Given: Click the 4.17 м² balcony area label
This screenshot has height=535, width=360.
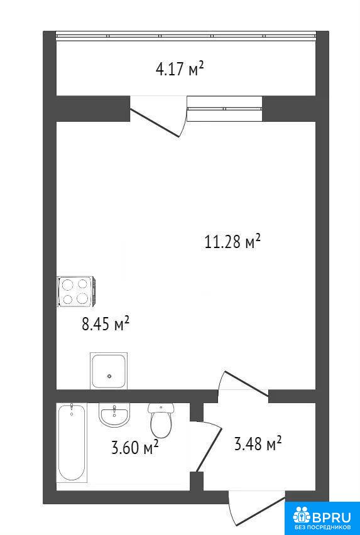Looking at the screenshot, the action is [x=180, y=69].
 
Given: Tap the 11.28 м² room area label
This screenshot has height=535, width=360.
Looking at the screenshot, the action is [x=232, y=242].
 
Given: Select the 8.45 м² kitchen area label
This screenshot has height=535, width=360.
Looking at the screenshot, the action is [x=106, y=323].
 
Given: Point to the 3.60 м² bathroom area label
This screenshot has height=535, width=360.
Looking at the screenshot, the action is [x=134, y=446].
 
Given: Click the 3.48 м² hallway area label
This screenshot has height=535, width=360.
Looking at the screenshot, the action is [x=258, y=444].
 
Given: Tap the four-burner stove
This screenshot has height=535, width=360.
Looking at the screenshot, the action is [x=77, y=291].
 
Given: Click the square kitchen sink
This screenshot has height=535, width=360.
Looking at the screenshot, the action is [x=109, y=371].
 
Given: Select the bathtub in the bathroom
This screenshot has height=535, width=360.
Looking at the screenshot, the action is [x=72, y=443].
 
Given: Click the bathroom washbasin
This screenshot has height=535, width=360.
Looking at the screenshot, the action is [x=114, y=414].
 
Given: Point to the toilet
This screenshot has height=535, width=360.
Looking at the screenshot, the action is [x=161, y=420].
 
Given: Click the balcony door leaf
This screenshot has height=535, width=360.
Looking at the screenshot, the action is [x=155, y=123].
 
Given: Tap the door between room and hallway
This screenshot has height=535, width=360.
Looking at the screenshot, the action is [x=246, y=384].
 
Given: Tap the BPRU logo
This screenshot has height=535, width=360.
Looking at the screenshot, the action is [x=322, y=516].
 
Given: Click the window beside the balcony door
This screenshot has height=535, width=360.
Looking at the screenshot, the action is [x=224, y=109].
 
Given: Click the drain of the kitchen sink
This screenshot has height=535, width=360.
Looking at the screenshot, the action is [x=109, y=376].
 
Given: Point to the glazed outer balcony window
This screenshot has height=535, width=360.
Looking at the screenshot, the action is [x=186, y=36].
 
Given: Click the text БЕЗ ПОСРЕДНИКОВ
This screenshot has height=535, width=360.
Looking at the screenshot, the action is [x=322, y=528].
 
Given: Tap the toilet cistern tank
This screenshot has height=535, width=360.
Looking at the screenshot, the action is [x=161, y=407].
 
